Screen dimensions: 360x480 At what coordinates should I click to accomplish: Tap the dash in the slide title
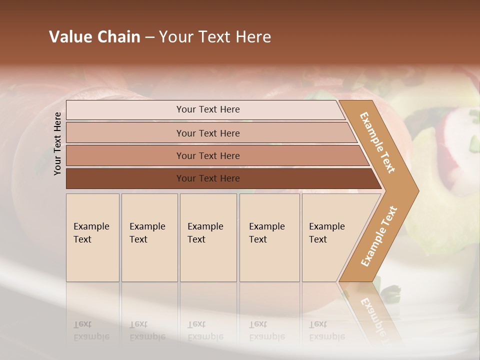(149, 37)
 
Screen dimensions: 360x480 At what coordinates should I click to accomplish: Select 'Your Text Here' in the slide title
(215, 37)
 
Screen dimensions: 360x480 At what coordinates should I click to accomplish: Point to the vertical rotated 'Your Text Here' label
(57, 143)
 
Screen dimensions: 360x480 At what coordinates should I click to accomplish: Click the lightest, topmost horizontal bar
(207, 109)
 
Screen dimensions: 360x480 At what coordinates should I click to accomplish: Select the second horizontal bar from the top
(207, 133)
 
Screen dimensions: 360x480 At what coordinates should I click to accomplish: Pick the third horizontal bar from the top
(207, 155)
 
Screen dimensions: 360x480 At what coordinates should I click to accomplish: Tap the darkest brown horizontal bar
(207, 178)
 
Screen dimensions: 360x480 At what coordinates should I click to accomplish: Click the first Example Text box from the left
(92, 237)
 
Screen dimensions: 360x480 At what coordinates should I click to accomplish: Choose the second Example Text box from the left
(149, 237)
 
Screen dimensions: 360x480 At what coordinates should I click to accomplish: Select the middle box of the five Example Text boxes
(208, 237)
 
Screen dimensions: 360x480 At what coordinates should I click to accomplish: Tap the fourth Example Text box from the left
(269, 237)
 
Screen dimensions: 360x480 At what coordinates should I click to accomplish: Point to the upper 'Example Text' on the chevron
(377, 142)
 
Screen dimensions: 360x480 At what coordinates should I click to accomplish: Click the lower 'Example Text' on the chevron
(378, 236)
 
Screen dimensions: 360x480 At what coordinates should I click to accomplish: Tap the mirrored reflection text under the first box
(91, 331)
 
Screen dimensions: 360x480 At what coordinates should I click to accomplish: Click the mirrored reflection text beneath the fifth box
(326, 331)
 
